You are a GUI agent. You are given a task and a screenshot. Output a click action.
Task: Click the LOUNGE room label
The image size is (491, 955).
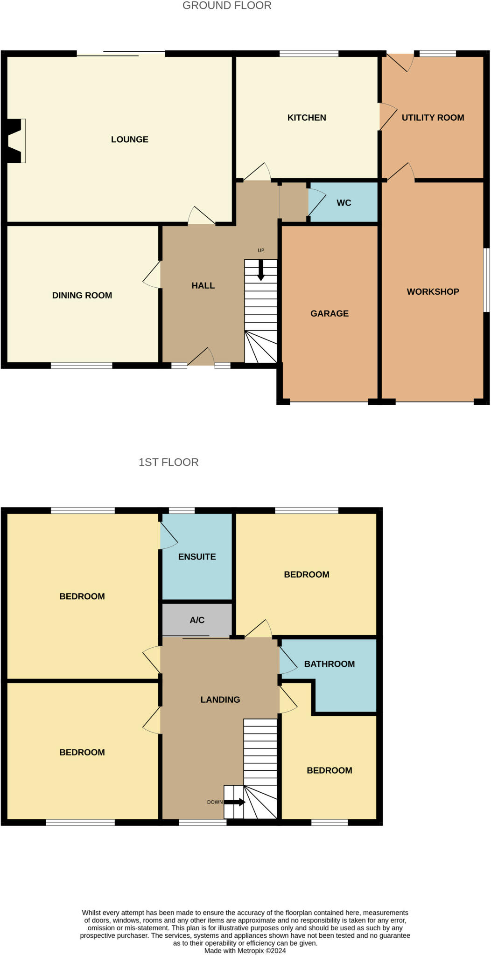pos(129,139)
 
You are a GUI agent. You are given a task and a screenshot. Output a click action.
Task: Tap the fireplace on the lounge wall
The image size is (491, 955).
pos(16,141)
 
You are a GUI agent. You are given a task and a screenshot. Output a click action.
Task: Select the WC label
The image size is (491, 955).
pos(344,203)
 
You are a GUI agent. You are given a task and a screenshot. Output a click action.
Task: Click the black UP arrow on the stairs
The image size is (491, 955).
pos(261,270)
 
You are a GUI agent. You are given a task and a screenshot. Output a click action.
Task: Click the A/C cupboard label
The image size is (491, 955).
pos(197,620)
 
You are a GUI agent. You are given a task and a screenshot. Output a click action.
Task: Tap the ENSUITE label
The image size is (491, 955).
pos(197,557)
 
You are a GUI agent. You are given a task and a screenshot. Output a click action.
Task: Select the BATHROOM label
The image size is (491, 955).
pos(330,664)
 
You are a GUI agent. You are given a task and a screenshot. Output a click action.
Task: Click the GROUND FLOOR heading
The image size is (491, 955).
pos(227,6)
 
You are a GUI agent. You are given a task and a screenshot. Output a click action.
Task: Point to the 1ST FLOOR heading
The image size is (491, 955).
pos(168,462)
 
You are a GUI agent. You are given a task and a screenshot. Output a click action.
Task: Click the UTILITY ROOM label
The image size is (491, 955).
pos(433,118)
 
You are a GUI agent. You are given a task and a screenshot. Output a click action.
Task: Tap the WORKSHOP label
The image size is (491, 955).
pos(433,291)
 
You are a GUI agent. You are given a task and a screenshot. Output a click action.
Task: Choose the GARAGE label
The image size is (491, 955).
pos(330,313)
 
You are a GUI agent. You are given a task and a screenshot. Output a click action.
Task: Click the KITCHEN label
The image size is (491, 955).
pos(307,118)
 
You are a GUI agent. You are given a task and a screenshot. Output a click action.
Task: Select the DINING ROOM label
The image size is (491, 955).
pos(82,295)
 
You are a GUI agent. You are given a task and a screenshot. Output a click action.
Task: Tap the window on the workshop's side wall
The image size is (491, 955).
pos(486,280)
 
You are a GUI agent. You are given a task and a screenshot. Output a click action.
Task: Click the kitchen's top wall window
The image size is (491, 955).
pos(309,54)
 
